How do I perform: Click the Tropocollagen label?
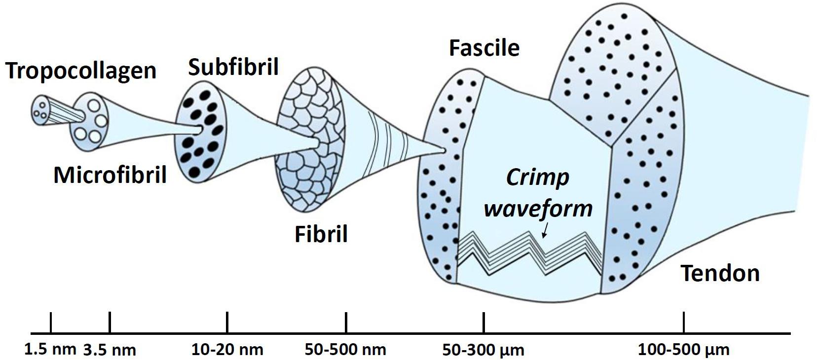(81, 71)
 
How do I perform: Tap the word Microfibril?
(110, 175)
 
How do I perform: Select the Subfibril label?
(233, 67)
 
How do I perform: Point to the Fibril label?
(321, 234)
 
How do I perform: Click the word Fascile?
(484, 48)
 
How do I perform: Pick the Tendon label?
(720, 273)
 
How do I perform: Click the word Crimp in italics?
(537, 178)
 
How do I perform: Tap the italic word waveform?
(538, 208)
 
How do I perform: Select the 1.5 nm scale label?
(50, 349)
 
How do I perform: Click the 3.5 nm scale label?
(110, 350)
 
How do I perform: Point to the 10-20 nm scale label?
(227, 350)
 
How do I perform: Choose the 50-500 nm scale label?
(345, 350)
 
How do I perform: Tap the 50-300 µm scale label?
(483, 350)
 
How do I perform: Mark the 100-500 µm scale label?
(683, 350)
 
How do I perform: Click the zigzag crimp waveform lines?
(530, 252)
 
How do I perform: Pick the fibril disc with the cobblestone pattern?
(308, 141)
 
